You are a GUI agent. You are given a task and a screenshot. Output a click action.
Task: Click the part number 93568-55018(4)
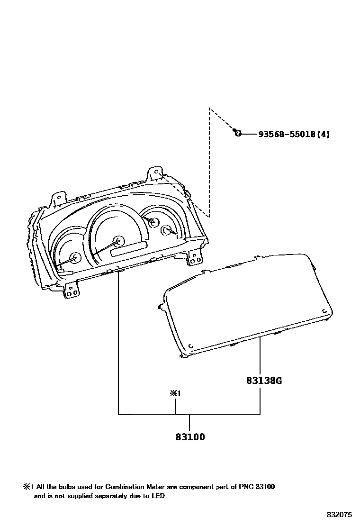tap(294, 134)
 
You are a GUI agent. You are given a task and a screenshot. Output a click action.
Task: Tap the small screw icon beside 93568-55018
tap(238, 134)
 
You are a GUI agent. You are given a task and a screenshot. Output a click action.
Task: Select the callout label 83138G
tap(264, 380)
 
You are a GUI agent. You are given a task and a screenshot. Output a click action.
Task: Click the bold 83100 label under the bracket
tap(189, 436)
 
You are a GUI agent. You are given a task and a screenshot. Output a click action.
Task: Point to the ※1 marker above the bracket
tap(176, 393)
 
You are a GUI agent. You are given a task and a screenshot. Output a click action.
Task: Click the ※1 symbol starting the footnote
tap(27, 487)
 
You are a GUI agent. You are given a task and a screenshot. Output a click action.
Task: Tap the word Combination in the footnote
tap(126, 487)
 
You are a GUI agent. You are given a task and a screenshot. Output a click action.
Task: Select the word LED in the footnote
tap(158, 496)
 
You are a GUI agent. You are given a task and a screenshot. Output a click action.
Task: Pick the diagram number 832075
tap(339, 514)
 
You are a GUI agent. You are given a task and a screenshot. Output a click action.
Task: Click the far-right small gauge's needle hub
tap(167, 230)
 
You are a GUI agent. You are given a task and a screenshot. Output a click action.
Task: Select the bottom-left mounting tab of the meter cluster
tap(72, 290)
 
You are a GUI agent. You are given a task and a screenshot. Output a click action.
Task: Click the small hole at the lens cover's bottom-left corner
tap(190, 346)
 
